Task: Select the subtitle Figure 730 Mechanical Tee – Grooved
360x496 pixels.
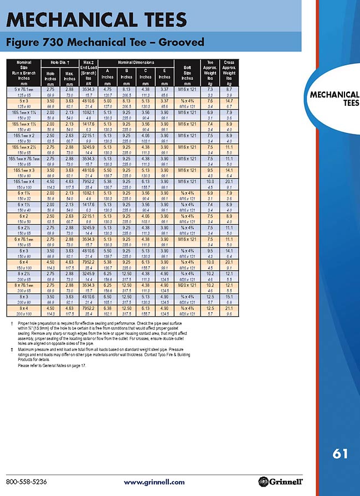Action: pos(105,43)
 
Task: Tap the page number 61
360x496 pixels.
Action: pos(340,454)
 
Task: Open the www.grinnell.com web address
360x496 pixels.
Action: pos(154,482)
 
